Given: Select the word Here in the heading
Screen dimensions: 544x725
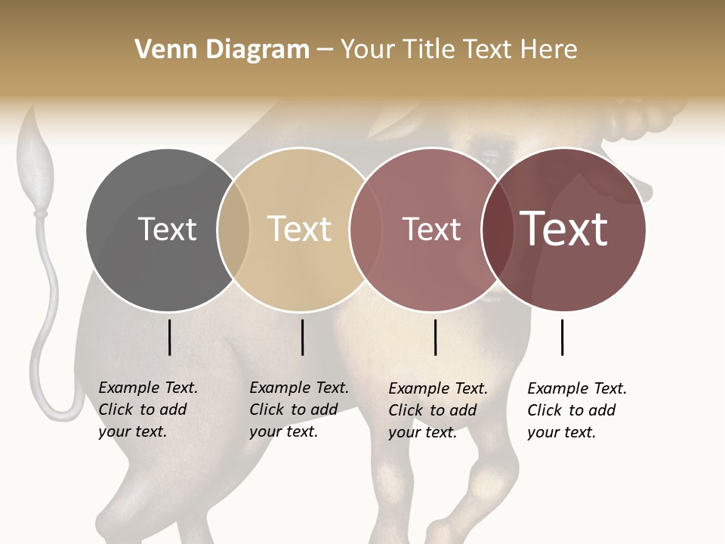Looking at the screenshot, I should (550, 50).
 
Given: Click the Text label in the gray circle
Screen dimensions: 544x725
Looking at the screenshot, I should (167, 229).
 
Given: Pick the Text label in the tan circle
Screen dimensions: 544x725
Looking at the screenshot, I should (299, 229).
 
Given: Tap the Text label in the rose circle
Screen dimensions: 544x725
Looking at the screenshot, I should (431, 229).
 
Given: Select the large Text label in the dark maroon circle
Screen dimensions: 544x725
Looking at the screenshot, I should (564, 229).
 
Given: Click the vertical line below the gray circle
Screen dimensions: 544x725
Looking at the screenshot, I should (169, 337).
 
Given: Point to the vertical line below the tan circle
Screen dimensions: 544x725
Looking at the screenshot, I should (302, 337).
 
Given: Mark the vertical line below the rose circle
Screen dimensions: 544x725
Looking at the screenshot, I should (435, 337).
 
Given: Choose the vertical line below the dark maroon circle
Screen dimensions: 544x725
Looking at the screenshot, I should (562, 337).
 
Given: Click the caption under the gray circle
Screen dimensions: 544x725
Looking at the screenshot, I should (148, 410).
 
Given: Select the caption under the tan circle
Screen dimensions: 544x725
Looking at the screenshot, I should (299, 410).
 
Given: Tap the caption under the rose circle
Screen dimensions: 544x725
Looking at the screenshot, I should (438, 410).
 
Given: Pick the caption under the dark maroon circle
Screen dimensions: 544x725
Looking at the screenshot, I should (577, 410).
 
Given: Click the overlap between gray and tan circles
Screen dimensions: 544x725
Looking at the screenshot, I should (233, 229).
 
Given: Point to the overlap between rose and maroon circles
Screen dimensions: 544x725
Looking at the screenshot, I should (498, 229).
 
